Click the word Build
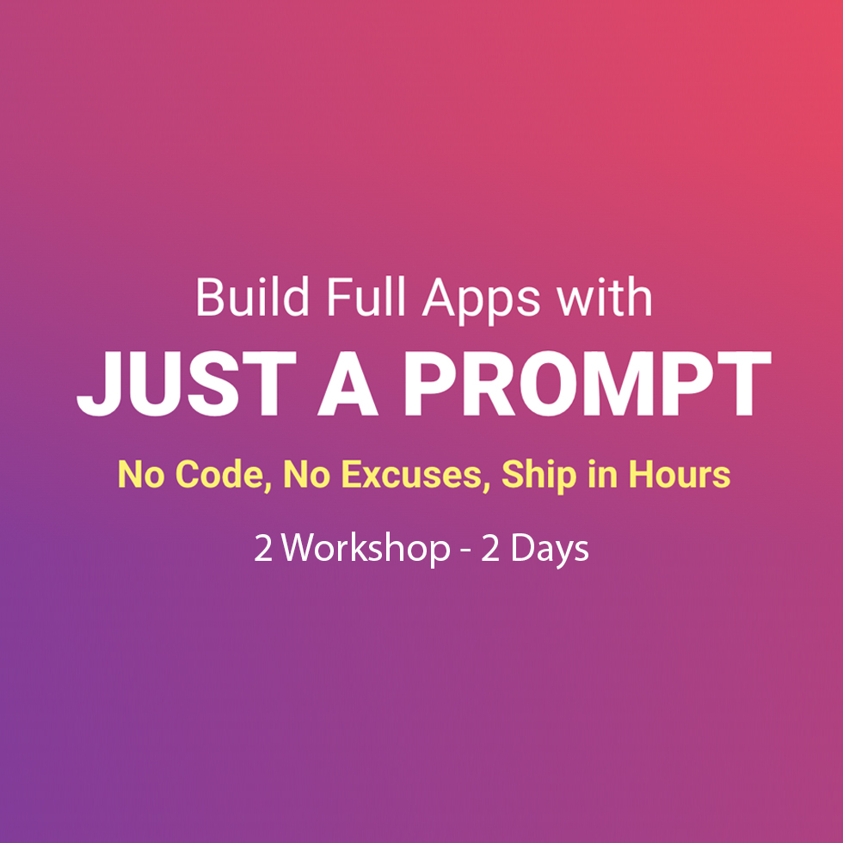tap(253, 297)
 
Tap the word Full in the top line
tap(366, 297)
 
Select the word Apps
tap(481, 302)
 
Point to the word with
tap(605, 297)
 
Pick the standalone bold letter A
tap(348, 384)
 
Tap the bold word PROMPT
tap(588, 384)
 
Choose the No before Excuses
tap(306, 474)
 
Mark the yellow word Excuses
tap(411, 474)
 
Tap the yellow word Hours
tap(680, 474)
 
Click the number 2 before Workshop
tap(263, 549)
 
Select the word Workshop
tap(366, 549)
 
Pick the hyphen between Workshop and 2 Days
tap(465, 552)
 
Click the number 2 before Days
tap(490, 549)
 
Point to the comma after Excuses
tap(486, 487)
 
